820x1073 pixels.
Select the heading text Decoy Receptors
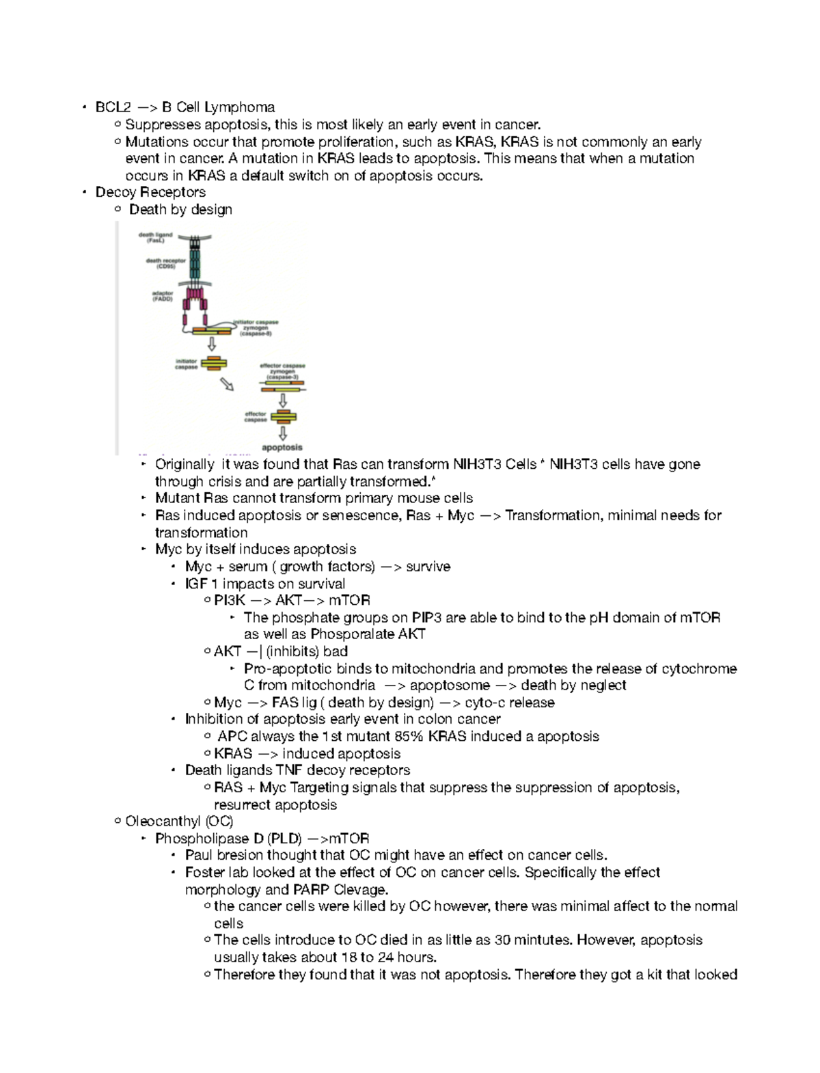(150, 192)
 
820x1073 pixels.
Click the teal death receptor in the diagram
(195, 263)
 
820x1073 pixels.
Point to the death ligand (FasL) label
(155, 237)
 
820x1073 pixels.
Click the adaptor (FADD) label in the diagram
(163, 296)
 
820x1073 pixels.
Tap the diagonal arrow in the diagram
(227, 385)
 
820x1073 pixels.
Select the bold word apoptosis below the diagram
(282, 448)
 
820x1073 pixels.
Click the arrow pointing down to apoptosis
(283, 433)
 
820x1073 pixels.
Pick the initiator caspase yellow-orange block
(214, 363)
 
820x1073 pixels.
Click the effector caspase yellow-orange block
(283, 416)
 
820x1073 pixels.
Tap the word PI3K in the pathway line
(230, 600)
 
